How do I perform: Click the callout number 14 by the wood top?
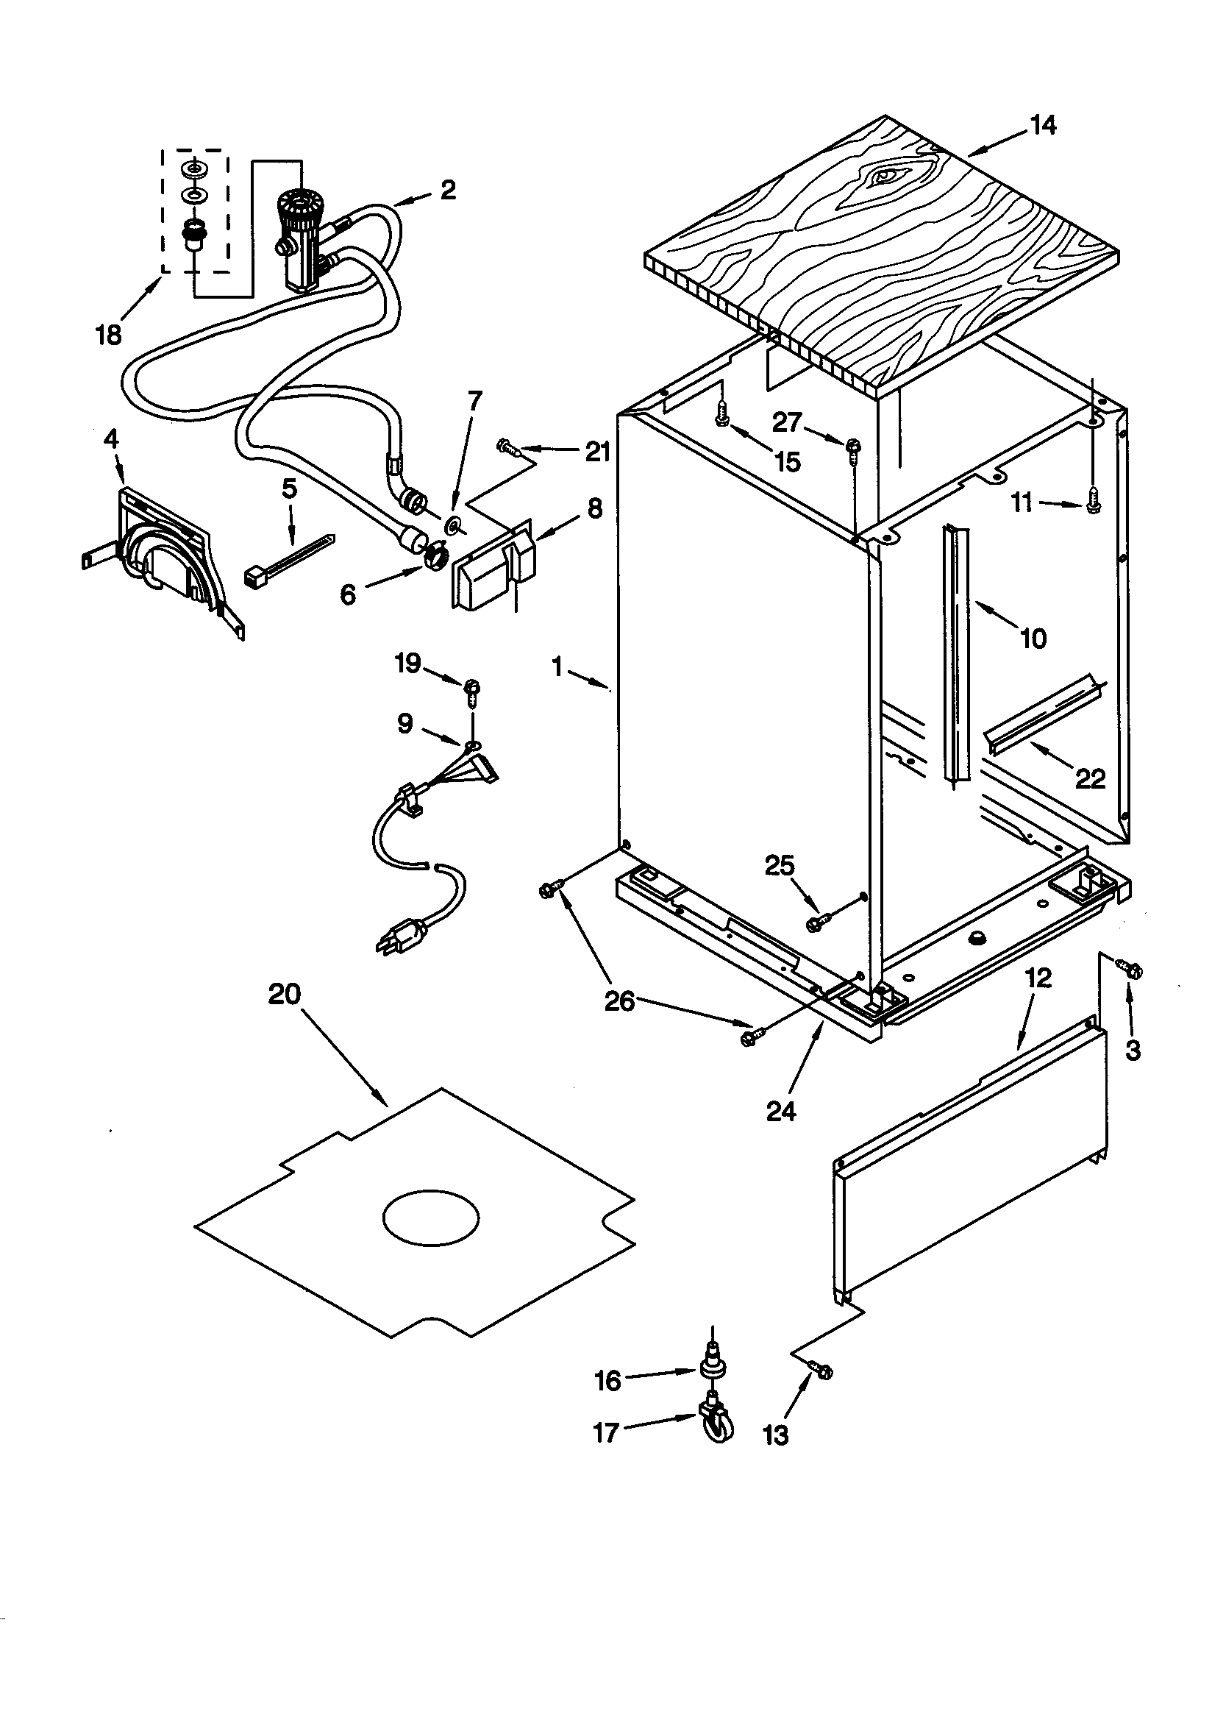(x=1042, y=126)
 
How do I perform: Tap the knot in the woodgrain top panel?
(x=885, y=176)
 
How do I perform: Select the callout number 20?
(x=284, y=995)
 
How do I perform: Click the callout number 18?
(x=109, y=335)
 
